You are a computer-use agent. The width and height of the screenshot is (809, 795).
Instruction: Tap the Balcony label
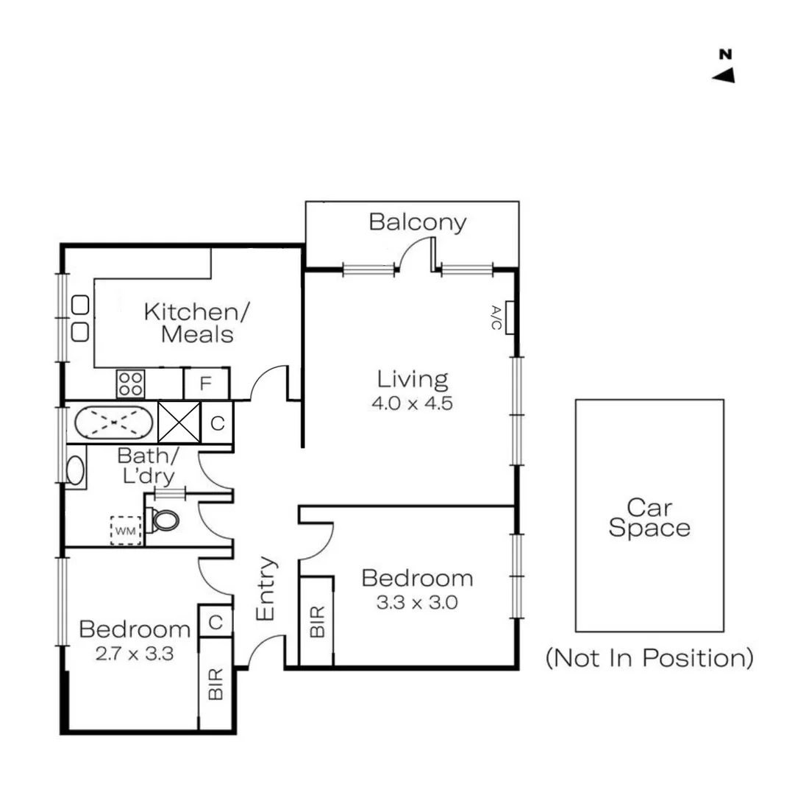tap(417, 222)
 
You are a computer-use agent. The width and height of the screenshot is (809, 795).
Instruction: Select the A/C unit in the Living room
tap(508, 317)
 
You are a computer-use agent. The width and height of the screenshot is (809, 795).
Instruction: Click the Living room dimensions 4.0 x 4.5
tap(412, 403)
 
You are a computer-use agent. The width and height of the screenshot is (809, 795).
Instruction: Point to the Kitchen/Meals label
tap(197, 322)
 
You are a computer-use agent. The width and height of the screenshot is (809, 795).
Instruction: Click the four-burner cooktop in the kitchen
tap(131, 384)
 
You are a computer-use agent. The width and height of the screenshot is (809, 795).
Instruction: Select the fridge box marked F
tap(206, 384)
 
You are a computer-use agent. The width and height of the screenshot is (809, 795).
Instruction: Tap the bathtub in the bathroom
tap(114, 423)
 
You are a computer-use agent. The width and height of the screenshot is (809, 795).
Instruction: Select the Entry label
tap(266, 588)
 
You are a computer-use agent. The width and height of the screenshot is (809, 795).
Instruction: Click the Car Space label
tap(649, 517)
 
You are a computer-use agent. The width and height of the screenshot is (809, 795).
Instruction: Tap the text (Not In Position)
tap(649, 658)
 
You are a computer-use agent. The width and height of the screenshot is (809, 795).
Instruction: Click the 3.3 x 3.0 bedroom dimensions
tap(417, 603)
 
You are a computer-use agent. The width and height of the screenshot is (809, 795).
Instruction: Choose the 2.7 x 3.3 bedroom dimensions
tap(134, 653)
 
